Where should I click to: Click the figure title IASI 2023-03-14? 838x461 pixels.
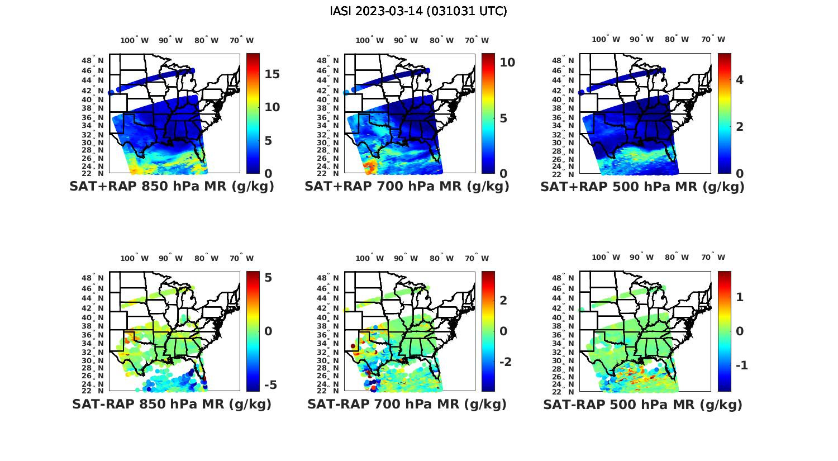coord(418,11)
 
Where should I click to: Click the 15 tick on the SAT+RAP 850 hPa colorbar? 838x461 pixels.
coord(272,74)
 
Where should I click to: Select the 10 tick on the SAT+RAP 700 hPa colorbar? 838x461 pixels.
coord(507,63)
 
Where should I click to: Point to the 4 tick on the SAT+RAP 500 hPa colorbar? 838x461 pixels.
coord(740,80)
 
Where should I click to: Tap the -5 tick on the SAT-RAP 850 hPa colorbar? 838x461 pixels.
coord(270,385)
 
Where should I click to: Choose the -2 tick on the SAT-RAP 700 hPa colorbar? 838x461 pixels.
coord(505,362)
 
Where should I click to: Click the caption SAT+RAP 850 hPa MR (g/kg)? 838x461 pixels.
coord(172,187)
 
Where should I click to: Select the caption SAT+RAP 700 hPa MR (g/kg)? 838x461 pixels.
coord(407,187)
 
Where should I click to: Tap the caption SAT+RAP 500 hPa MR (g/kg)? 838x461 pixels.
coord(642,187)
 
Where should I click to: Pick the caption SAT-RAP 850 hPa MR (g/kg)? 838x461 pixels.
coord(172,404)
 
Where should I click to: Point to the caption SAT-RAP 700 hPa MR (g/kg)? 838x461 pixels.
coord(407,404)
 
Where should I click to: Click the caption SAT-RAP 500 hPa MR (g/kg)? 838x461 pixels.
coord(642,404)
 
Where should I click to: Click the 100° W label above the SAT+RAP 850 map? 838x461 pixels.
coord(135,40)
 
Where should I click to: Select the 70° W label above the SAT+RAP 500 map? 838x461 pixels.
coord(713,40)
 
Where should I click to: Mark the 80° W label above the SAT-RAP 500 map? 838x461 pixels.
coord(677,258)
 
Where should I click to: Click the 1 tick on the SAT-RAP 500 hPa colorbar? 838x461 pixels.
coord(740,297)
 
